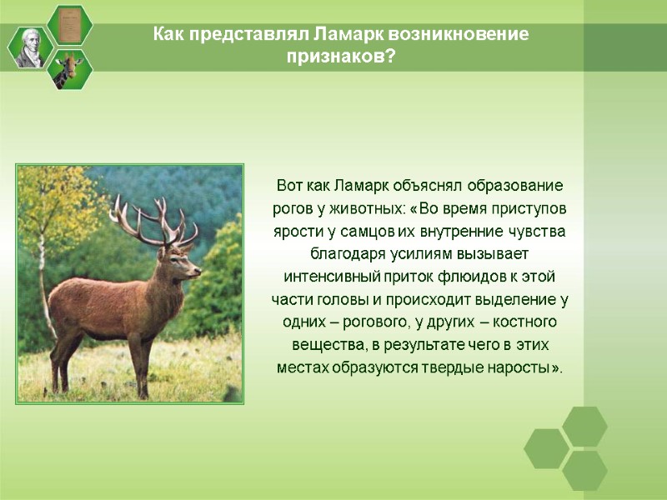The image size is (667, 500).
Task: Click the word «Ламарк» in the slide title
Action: (345, 35)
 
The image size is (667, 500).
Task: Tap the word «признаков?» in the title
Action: (341, 57)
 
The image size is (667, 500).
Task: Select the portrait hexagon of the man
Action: (31, 47)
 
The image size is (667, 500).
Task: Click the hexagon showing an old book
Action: (69, 24)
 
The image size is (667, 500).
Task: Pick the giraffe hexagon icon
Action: (70, 69)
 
